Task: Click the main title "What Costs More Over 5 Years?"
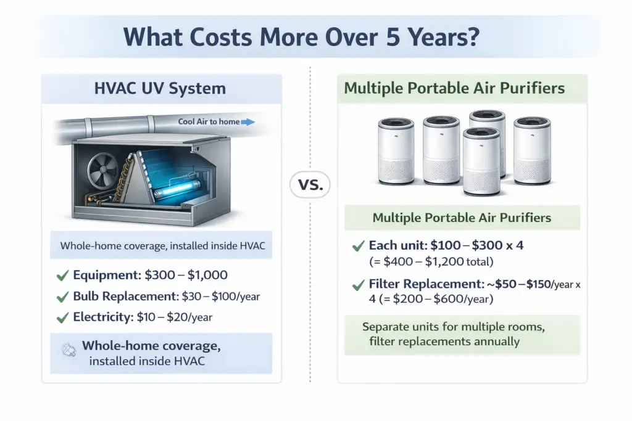click(x=301, y=36)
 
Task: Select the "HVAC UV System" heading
click(x=160, y=88)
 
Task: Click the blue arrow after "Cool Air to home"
click(x=247, y=122)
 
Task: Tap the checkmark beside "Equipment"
click(x=62, y=276)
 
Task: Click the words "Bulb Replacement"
click(x=125, y=296)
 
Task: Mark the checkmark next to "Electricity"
click(x=62, y=318)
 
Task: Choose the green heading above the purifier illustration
click(x=454, y=88)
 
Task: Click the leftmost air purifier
click(x=396, y=151)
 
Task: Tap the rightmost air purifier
click(x=532, y=151)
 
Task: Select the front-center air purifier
click(x=481, y=161)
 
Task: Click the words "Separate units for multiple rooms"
click(x=454, y=327)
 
